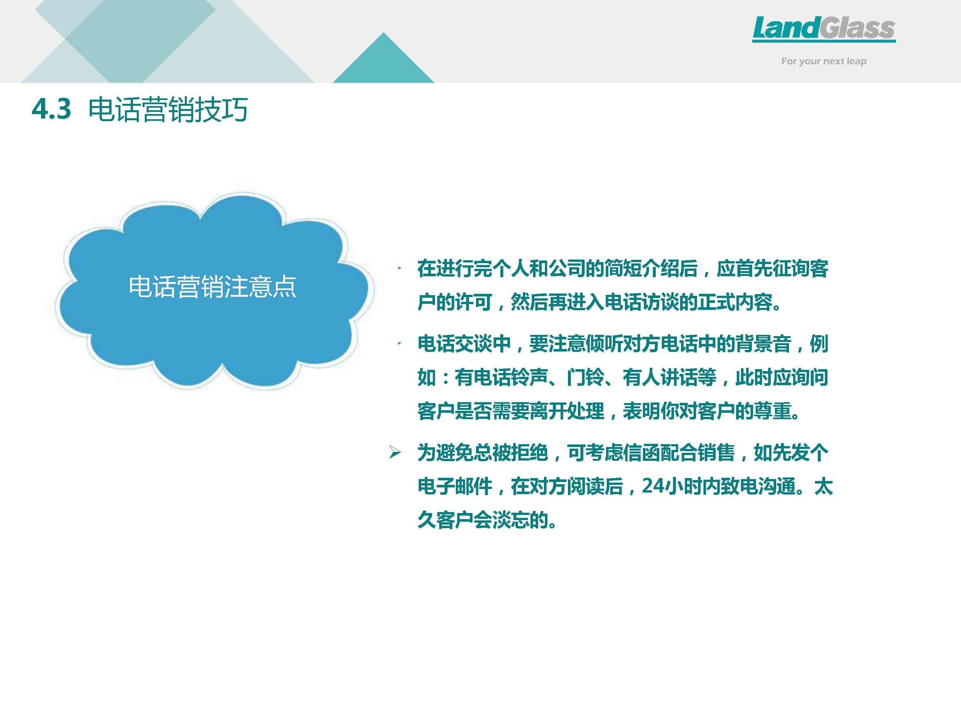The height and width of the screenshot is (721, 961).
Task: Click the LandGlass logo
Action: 824,29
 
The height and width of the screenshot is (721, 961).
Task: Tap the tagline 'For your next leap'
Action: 824,61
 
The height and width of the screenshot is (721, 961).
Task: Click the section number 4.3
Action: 51,109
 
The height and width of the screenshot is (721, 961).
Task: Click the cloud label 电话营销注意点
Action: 212,287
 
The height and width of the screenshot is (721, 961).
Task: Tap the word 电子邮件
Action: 455,486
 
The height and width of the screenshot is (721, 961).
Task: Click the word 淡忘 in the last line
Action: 511,519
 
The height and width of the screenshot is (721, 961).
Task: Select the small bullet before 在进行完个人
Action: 399,268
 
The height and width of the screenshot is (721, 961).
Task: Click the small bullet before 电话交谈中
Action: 399,343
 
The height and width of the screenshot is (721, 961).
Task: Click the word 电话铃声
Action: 511,377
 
